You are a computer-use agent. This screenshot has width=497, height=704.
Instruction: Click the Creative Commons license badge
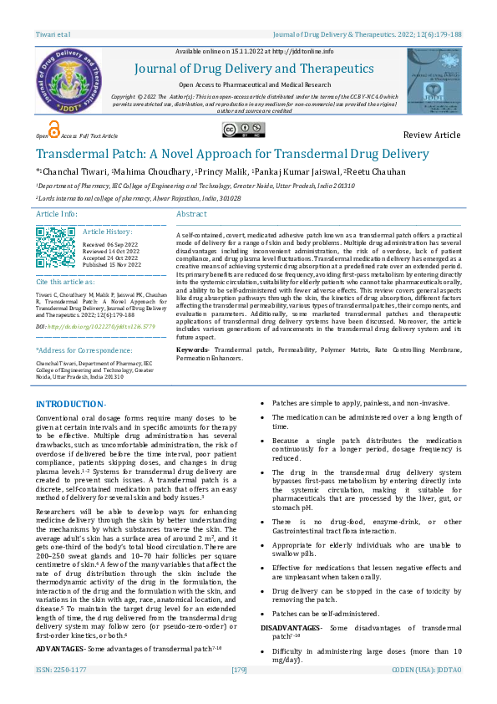240,129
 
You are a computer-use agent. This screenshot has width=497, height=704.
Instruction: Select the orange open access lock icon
54,128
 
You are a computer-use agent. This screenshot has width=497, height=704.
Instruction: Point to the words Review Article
431,135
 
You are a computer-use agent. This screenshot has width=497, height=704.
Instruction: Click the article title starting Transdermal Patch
231,154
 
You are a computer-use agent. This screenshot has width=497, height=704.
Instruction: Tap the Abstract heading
191,214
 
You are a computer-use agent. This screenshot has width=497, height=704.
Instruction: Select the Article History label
108,231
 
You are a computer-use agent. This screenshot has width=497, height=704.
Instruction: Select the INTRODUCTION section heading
69,405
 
